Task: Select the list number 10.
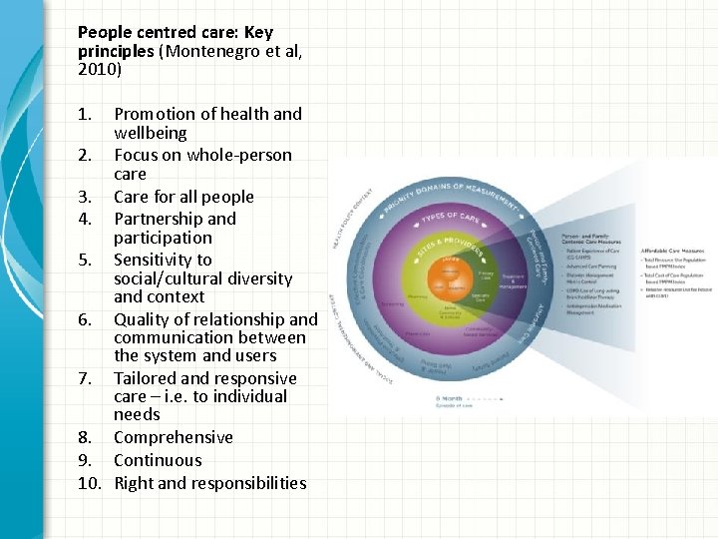tap(90, 483)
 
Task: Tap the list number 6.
tap(87, 319)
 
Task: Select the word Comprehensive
tap(173, 437)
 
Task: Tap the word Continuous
tap(158, 460)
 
